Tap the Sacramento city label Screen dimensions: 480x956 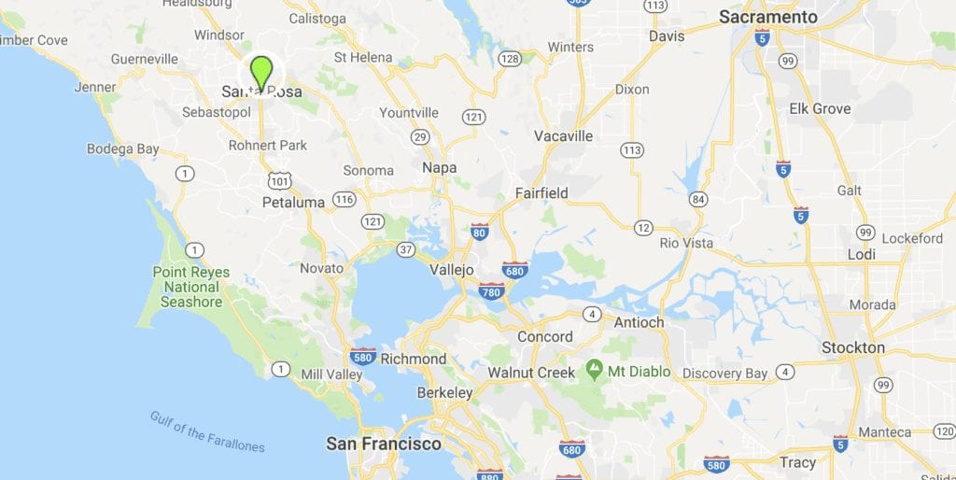tap(768, 17)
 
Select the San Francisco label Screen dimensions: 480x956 tap(384, 444)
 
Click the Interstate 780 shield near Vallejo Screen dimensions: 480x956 tap(492, 291)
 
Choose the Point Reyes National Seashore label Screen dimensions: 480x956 tap(191, 287)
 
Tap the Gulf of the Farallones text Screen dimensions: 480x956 tap(207, 431)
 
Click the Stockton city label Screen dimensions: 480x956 tap(853, 347)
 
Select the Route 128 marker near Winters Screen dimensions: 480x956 tap(510, 59)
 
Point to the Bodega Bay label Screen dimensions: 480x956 tap(123, 148)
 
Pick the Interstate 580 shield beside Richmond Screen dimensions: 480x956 tap(363, 356)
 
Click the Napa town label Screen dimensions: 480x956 tap(440, 167)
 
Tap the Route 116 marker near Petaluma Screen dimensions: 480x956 tap(344, 199)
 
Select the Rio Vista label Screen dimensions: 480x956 tap(686, 243)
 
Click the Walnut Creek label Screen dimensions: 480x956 tap(531, 372)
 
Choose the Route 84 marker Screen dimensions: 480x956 tap(697, 198)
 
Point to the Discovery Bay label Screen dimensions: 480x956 tap(724, 374)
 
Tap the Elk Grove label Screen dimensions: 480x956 tap(820, 108)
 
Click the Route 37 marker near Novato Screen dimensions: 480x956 tap(405, 249)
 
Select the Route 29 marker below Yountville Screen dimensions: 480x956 tap(420, 137)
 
